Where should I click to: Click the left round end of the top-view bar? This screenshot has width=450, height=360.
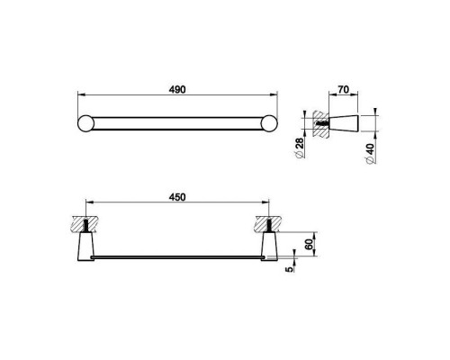tap(86, 123)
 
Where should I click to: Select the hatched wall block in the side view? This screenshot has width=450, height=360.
tap(319, 123)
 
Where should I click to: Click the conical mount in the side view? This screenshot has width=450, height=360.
tap(343, 123)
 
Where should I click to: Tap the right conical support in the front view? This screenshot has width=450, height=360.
tap(269, 247)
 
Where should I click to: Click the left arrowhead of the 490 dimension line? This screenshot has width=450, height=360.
tap(77, 93)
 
